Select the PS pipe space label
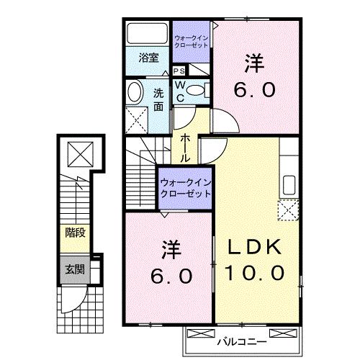click(x=178, y=71)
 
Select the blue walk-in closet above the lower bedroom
click(x=185, y=189)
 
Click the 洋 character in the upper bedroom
click(x=253, y=64)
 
